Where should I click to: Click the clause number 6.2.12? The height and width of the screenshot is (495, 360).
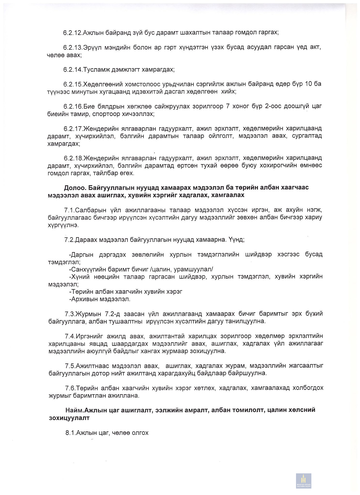pos(73,33)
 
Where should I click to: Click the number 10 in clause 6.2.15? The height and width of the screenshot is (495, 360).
pos(309,84)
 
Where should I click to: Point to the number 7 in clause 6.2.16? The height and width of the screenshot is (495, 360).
pos(228,106)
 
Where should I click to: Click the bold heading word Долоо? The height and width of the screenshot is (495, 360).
pos(75,187)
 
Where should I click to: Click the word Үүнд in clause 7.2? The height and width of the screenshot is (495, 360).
pos(236,240)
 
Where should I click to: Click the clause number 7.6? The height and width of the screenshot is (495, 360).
pos(70,388)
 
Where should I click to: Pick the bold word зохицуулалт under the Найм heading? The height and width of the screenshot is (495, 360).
pos(69,418)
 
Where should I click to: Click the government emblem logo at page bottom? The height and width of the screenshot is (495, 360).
pos(303,481)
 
